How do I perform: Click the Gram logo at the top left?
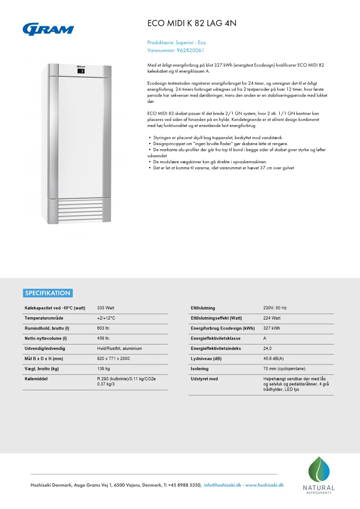tap(48, 29)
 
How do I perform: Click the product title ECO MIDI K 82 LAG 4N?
tap(192, 24)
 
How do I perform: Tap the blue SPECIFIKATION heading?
tap(48, 293)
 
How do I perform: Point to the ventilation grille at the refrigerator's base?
tap(79, 210)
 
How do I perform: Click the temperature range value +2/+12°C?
tap(106, 318)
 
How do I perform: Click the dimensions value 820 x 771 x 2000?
tap(113, 359)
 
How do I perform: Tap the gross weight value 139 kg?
tap(104, 368)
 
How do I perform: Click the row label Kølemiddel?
tap(36, 378)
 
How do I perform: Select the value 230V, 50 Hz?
tap(275, 308)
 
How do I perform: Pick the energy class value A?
tap(265, 339)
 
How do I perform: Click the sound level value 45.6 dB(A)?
tap(273, 359)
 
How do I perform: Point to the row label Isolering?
tap(199, 369)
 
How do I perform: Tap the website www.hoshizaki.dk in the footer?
tap(264, 485)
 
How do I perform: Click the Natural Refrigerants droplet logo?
tap(319, 472)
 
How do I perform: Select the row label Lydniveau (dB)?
tap(206, 359)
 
